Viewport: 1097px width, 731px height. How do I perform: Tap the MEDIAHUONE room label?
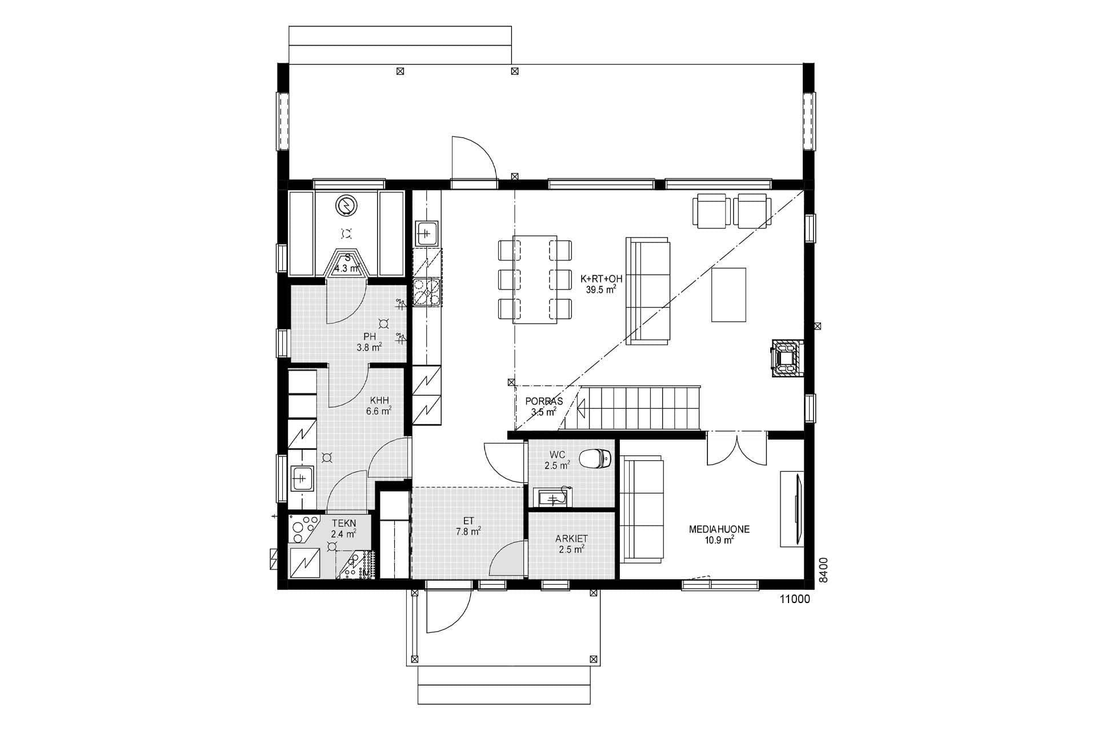pyautogui.click(x=719, y=535)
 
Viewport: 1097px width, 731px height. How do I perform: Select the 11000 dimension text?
pyautogui.click(x=795, y=599)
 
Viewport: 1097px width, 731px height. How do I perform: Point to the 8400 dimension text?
pyautogui.click(x=823, y=571)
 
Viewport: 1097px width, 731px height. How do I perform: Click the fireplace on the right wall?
pyautogui.click(x=787, y=359)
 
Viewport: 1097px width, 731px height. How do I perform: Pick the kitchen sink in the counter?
pyautogui.click(x=427, y=232)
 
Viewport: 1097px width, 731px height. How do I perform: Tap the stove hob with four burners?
pyautogui.click(x=427, y=291)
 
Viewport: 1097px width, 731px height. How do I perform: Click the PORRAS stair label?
pyautogui.click(x=543, y=406)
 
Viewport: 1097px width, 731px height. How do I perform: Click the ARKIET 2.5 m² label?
pyautogui.click(x=571, y=544)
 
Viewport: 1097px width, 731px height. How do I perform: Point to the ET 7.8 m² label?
pyautogui.click(x=468, y=526)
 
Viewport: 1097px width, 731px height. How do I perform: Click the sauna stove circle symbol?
pyautogui.click(x=346, y=206)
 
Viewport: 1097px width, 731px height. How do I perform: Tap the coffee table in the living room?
pyautogui.click(x=728, y=295)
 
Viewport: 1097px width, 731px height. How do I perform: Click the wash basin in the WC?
pyautogui.click(x=552, y=497)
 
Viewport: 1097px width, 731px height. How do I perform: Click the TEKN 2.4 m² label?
pyautogui.click(x=343, y=528)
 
